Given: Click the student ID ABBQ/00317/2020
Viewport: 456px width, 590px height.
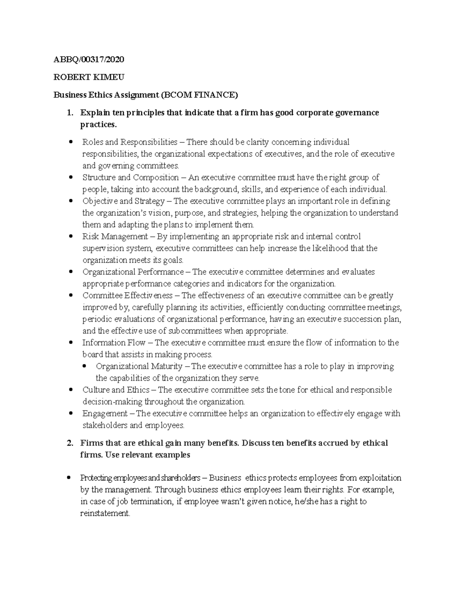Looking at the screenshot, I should pos(89,60).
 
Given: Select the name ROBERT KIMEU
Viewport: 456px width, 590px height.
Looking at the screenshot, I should pos(89,78).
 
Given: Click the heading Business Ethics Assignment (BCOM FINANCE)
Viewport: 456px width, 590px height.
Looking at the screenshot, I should pos(146,95).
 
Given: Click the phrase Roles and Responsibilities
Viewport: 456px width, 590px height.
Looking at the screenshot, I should pos(130,142).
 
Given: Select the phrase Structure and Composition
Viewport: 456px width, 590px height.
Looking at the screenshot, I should pos(130,177).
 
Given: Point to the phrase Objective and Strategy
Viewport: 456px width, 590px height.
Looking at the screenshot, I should pos(123,201).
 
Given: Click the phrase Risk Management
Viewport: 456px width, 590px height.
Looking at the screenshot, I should pos(115,236).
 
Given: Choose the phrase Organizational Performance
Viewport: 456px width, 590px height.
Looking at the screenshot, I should pos(133,272).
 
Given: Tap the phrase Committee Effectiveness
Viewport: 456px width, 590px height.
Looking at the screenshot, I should pos(127,295).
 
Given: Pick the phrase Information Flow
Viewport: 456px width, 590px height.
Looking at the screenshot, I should pos(114,342).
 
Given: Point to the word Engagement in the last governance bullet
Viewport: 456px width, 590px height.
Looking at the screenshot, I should pos(105,413).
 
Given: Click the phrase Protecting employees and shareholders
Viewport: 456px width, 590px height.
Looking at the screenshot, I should pos(140,478).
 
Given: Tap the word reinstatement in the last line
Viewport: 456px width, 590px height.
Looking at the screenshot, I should pos(105,513).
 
